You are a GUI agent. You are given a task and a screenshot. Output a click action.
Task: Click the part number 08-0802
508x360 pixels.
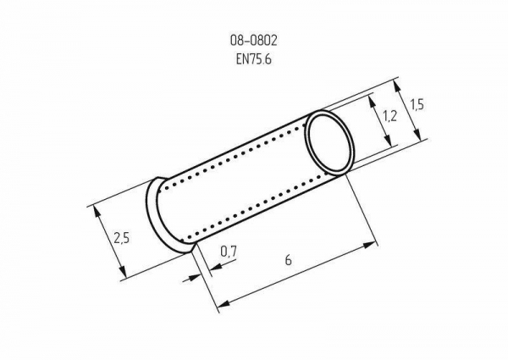click(x=254, y=41)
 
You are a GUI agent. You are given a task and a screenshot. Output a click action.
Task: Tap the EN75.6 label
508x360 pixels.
click(x=254, y=59)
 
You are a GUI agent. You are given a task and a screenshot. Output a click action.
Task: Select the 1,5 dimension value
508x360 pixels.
click(x=417, y=105)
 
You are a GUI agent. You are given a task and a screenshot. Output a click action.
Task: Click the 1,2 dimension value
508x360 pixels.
click(x=389, y=116)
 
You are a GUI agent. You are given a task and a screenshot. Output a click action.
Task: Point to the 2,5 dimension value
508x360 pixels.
click(x=121, y=238)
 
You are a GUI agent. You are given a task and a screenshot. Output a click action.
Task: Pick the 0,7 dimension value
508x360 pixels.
click(x=229, y=252)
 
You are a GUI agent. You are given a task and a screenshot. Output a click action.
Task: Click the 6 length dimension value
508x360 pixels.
click(x=289, y=260)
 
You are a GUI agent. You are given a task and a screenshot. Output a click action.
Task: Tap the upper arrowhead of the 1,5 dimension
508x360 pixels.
click(x=398, y=87)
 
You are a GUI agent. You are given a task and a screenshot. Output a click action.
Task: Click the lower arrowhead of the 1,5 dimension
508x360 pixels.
click(x=417, y=134)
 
